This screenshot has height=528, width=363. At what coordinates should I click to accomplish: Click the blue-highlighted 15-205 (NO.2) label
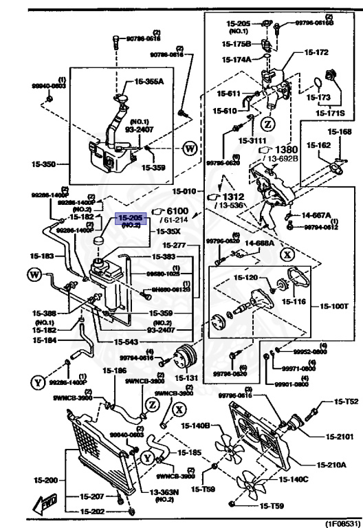coord(131,220)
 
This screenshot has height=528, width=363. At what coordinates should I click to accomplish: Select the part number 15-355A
coord(149,81)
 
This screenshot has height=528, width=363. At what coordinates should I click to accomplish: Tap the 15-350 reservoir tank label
coord(44,164)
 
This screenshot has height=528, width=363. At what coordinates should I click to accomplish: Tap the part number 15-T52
coord(346,402)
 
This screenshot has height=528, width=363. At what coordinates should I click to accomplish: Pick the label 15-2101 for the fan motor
coord(341,436)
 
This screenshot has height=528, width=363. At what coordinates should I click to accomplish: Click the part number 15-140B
coord(196,426)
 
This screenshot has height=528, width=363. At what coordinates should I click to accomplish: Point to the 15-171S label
coord(331,111)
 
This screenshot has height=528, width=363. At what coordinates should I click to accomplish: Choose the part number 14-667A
coord(316,215)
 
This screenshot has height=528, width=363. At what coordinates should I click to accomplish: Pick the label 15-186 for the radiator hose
coord(115,371)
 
